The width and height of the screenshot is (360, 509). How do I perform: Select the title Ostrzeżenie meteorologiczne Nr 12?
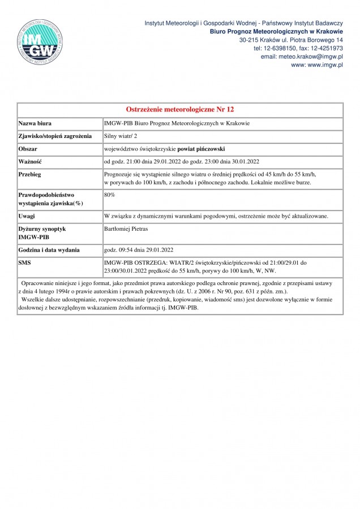(179, 109)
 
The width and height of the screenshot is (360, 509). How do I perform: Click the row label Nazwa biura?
(37, 123)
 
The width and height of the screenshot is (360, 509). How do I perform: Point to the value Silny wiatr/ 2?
(121, 136)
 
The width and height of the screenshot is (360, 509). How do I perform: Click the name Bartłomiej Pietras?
(126, 228)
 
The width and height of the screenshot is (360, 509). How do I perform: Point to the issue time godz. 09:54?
(117, 249)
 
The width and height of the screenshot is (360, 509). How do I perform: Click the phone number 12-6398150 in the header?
(275, 49)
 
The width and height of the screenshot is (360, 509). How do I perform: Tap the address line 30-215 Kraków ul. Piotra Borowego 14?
(291, 40)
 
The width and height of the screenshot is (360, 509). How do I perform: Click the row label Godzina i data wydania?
(49, 249)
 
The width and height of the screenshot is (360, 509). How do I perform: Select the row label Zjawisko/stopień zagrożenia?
(55, 136)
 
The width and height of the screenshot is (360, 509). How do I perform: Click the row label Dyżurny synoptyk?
(42, 228)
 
